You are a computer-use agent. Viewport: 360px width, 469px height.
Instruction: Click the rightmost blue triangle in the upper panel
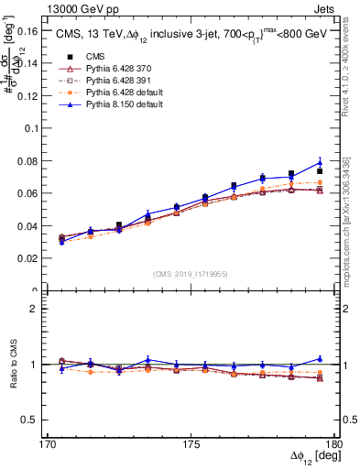[320, 163]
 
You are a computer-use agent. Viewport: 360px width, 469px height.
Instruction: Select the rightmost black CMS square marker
[320, 171]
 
